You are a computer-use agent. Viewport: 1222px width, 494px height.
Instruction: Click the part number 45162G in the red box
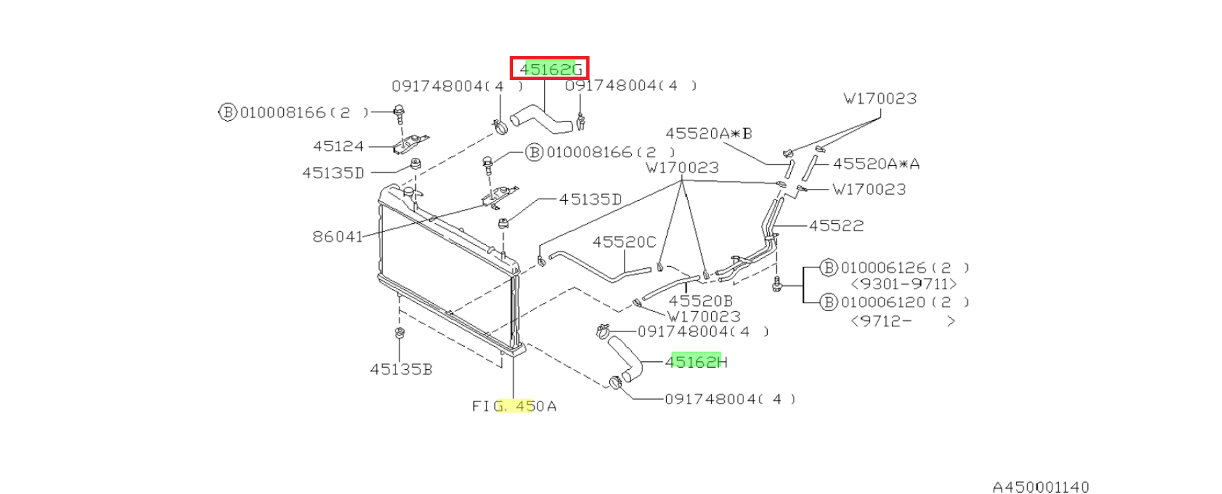tap(551, 69)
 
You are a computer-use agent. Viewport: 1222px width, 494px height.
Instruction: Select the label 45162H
tap(696, 362)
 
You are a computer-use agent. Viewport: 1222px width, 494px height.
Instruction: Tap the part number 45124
tap(338, 146)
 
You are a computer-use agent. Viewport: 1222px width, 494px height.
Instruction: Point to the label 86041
tap(337, 236)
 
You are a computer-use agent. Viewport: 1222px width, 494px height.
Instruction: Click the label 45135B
tap(401, 369)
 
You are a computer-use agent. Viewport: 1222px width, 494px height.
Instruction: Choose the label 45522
tap(836, 226)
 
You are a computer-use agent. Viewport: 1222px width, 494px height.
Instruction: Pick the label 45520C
tap(624, 242)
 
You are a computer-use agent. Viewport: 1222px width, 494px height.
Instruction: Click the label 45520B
tap(700, 301)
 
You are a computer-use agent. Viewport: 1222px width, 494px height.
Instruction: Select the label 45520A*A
tap(876, 163)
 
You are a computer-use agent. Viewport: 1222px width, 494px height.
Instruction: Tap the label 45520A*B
tap(708, 133)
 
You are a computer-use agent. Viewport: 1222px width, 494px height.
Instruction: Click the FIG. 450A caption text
tap(514, 406)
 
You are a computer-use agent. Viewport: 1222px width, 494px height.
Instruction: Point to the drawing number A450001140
tap(1040, 487)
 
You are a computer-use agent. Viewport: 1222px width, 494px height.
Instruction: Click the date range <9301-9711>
tap(904, 284)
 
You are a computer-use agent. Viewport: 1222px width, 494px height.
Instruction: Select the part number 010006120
tap(883, 302)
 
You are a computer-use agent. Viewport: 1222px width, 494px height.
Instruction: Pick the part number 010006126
tap(883, 268)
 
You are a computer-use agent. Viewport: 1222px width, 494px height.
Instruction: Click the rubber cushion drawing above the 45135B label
tap(399, 333)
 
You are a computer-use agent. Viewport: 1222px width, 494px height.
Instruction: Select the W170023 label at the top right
tap(880, 99)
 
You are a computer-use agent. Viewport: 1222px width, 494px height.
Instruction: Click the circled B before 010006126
tap(829, 267)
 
